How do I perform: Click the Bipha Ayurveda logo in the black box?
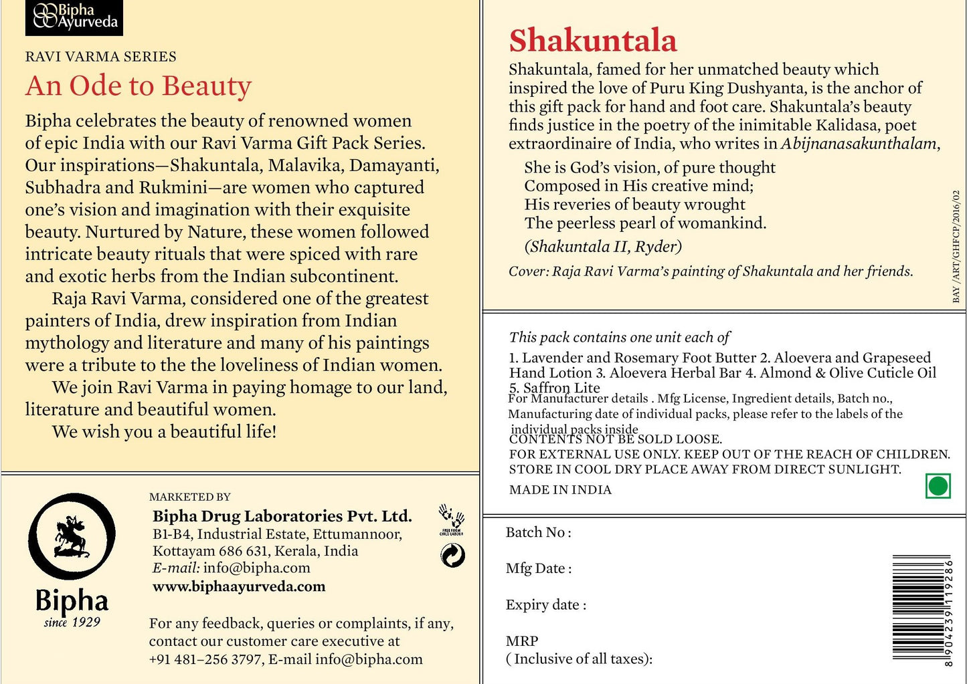pos(74,17)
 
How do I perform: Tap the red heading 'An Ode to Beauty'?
pos(139,86)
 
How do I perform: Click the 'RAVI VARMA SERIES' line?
pos(101,57)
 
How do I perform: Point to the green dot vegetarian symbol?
pos(938,486)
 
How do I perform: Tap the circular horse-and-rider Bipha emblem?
pos(72,536)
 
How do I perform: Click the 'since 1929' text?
pos(72,622)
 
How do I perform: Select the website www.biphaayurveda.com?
pos(239,586)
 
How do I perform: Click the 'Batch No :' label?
pos(538,532)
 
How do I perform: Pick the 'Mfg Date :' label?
pos(538,568)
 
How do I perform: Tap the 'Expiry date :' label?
pos(545,604)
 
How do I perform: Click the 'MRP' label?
pos(522,641)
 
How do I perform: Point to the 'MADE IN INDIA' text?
pos(560,489)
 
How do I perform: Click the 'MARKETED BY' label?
pos(189,497)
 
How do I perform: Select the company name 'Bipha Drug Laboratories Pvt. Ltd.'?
pos(282,516)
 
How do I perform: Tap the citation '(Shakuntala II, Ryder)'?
pos(602,247)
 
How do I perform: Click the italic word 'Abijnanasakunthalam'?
pos(860,144)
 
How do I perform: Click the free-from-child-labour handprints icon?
pos(452,520)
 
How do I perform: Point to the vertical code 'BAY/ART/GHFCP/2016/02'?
pos(956,246)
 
